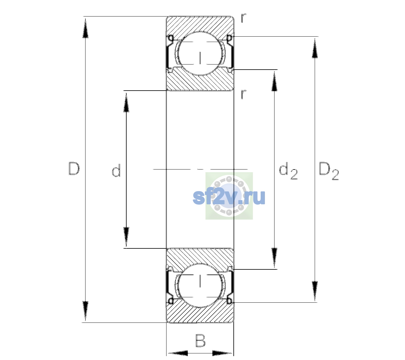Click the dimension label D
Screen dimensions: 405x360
74,169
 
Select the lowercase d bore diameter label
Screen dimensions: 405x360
116,170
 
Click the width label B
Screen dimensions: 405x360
200,340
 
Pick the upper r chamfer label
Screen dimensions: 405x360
244,18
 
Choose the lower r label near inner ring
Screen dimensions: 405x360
244,94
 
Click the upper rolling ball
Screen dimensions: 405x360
200,53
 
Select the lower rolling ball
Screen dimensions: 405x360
200,285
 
